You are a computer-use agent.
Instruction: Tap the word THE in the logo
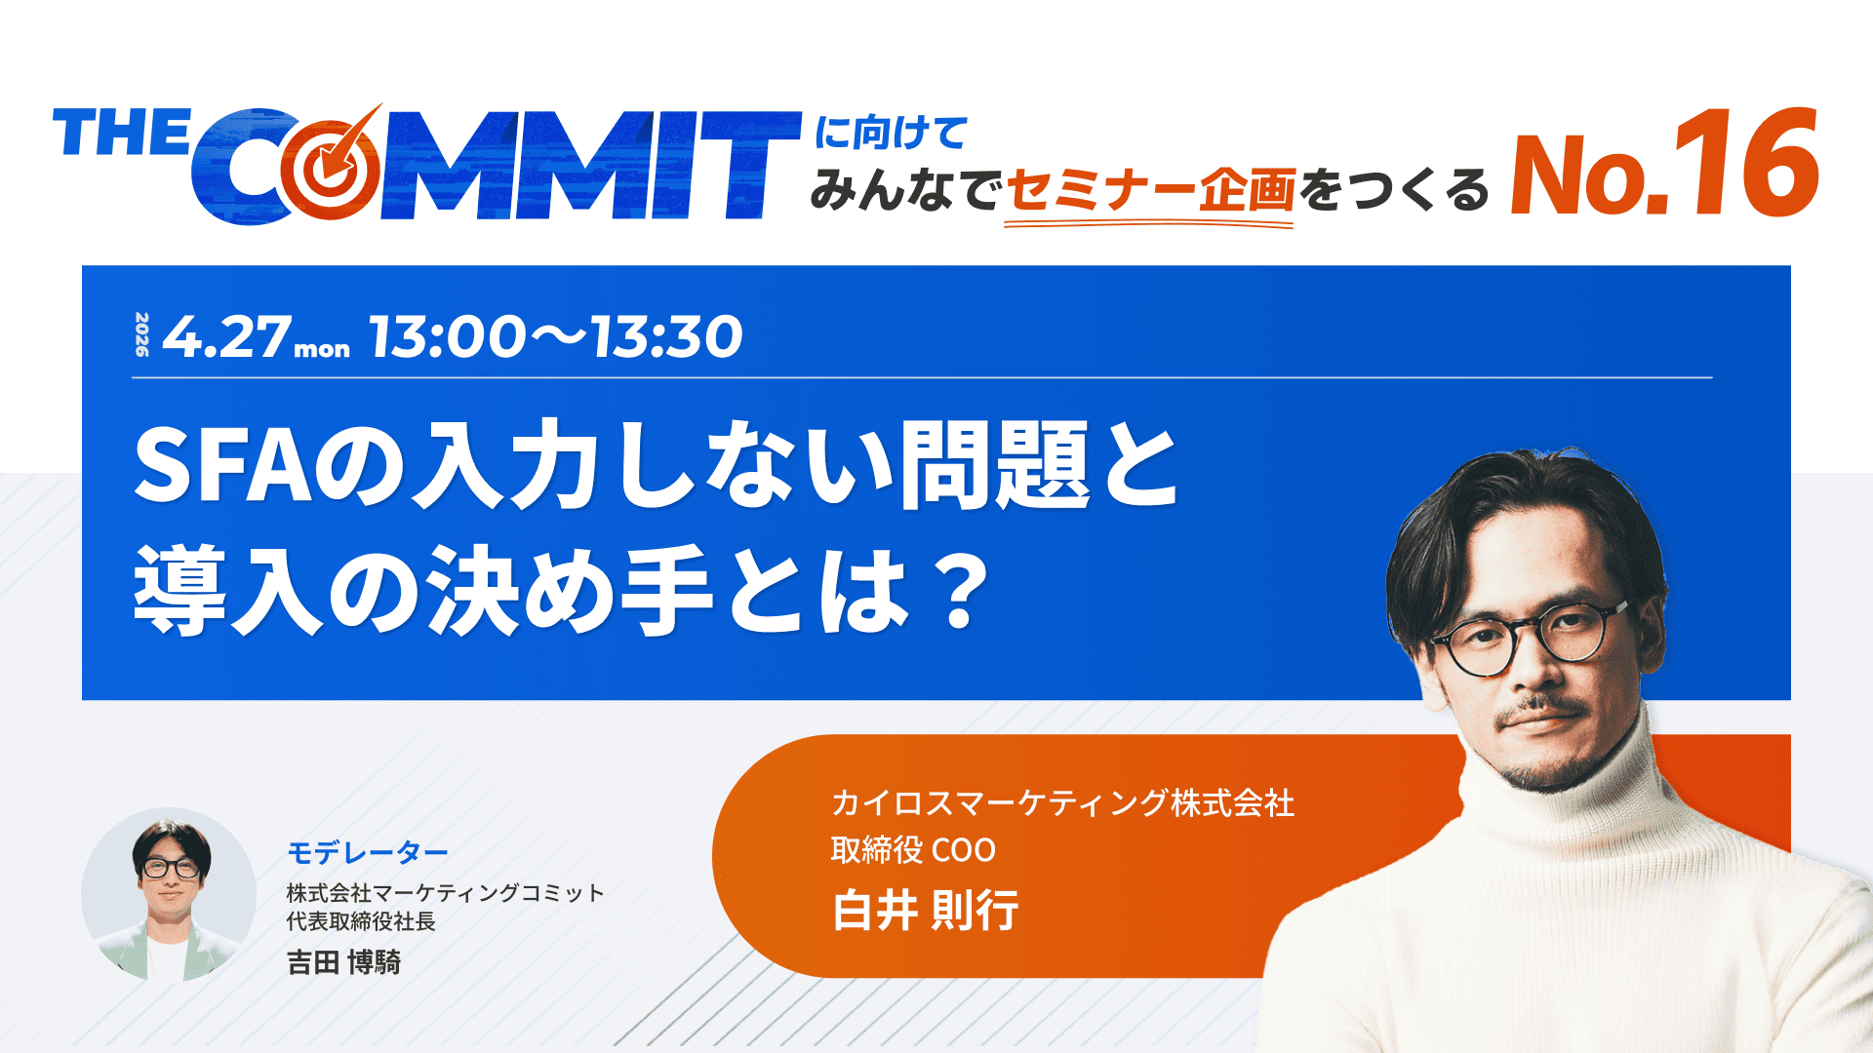coord(122,134)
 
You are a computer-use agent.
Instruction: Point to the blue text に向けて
coord(891,133)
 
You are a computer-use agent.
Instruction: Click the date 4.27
coord(226,336)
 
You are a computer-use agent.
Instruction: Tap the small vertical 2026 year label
coord(142,334)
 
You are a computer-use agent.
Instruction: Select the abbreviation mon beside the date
coord(322,349)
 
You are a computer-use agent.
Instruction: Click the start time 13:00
coord(448,336)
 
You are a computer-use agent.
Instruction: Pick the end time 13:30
coord(666,336)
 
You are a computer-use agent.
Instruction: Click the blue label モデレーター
coord(368,853)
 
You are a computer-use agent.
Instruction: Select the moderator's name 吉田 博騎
coord(343,962)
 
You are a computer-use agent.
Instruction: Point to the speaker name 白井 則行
coord(925,911)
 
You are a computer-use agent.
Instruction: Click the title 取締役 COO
coord(913,850)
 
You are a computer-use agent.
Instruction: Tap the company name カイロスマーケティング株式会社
coord(1062,803)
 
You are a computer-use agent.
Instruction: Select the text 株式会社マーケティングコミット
coord(445,893)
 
